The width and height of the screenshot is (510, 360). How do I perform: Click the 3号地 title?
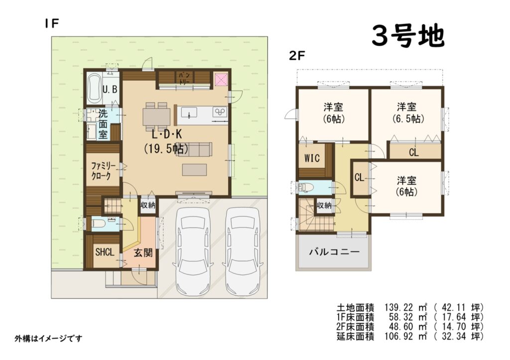tap(408, 36)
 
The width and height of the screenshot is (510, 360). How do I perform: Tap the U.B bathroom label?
tap(110, 89)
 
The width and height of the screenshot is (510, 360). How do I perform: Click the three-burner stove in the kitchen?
tap(220, 112)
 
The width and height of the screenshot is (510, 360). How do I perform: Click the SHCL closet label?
tap(105, 252)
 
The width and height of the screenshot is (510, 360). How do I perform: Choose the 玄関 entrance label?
tap(143, 252)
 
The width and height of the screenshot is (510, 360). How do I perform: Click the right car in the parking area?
tap(243, 252)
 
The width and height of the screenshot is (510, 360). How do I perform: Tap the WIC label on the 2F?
tap(312, 158)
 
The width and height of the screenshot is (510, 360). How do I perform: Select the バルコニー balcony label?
tap(334, 252)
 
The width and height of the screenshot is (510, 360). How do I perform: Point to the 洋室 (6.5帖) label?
tap(406, 113)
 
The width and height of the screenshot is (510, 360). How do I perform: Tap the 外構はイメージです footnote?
tap(48, 339)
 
